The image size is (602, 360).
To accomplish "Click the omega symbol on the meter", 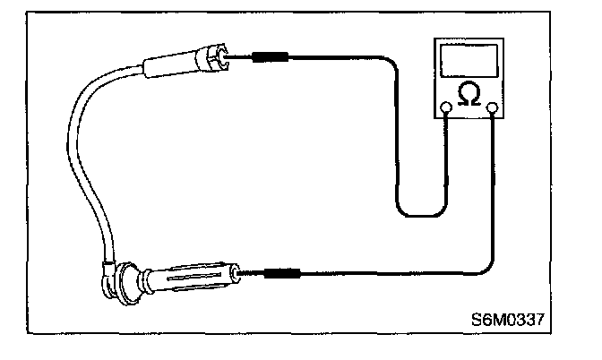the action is (469, 92).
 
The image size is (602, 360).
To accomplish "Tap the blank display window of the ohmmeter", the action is (469, 60).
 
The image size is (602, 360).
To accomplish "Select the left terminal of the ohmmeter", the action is (446, 109).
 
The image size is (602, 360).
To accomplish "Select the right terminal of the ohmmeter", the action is (492, 109).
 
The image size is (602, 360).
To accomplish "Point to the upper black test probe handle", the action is (269, 58).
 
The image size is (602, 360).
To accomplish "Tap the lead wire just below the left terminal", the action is (446, 134).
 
